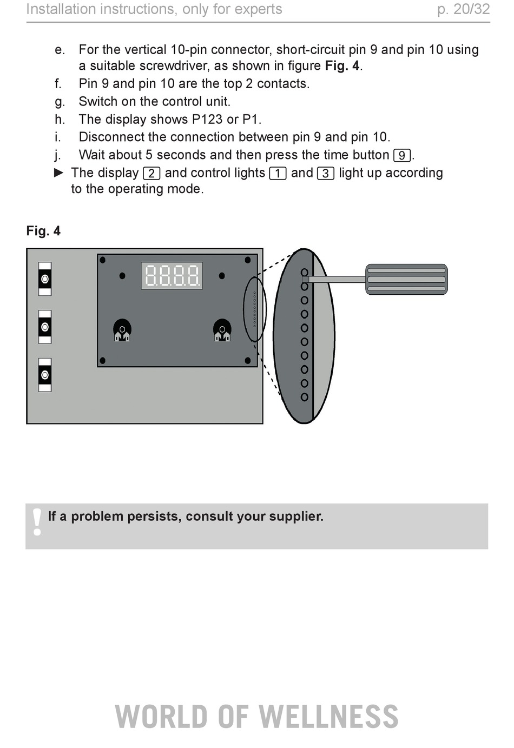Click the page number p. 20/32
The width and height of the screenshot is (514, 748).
pyautogui.click(x=464, y=9)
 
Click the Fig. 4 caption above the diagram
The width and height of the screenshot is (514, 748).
pyautogui.click(x=43, y=231)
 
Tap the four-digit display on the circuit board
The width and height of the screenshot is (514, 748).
pyautogui.click(x=172, y=275)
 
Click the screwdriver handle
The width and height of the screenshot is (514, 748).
pyautogui.click(x=406, y=279)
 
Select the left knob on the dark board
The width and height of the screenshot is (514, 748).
pyautogui.click(x=122, y=330)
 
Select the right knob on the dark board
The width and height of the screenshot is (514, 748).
pyautogui.click(x=222, y=330)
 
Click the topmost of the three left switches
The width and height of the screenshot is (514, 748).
pyautogui.click(x=45, y=279)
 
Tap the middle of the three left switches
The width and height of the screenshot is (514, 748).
pyautogui.click(x=45, y=327)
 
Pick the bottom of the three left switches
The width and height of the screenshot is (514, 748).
pyautogui.click(x=45, y=375)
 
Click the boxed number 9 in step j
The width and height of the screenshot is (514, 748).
pyautogui.click(x=402, y=156)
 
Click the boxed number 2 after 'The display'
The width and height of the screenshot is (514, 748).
pyautogui.click(x=151, y=174)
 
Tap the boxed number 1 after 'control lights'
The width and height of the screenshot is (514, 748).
pyautogui.click(x=278, y=174)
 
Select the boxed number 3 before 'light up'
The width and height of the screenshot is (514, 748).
pyautogui.click(x=326, y=174)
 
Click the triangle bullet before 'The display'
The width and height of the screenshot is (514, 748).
pyautogui.click(x=59, y=173)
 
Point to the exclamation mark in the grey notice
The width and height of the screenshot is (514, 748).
pyautogui.click(x=37, y=522)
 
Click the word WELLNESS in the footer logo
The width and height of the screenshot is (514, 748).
pyautogui.click(x=328, y=717)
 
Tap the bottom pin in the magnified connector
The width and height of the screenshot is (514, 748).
pyautogui.click(x=304, y=397)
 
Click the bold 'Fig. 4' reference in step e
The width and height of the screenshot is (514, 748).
pyautogui.click(x=342, y=65)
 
